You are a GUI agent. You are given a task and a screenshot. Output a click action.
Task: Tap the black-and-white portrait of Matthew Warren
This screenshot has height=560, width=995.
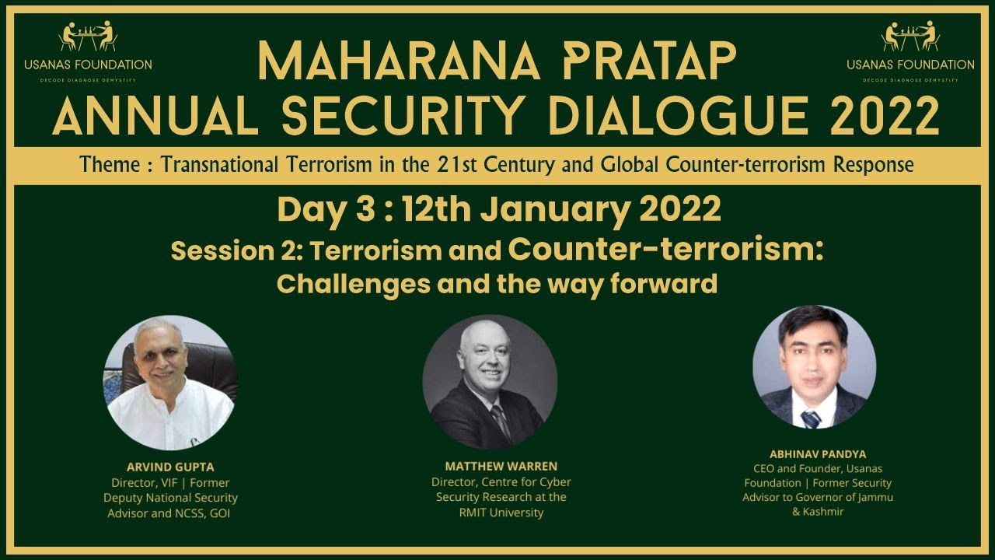click(x=489, y=381)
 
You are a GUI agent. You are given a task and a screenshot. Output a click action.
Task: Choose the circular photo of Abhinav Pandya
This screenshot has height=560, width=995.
click(x=814, y=366)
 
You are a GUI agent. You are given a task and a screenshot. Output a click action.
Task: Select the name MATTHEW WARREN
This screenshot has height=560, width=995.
click(x=501, y=467)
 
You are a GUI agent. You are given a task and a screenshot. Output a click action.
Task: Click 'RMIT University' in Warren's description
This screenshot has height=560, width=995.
click(x=501, y=513)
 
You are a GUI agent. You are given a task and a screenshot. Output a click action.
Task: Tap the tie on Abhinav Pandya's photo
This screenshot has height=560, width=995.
click(x=811, y=418)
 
